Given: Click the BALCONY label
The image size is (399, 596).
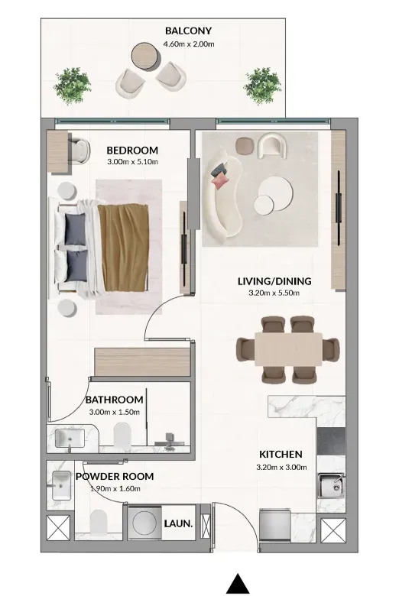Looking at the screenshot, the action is [188, 31].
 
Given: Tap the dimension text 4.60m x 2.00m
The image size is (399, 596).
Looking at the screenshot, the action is [189, 44].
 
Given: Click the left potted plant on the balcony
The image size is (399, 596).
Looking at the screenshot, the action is [73, 86].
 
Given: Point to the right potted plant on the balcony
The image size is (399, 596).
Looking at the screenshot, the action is [263, 86].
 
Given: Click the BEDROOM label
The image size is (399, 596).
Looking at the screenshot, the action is [132, 150].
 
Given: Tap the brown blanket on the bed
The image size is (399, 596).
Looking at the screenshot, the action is [124, 248].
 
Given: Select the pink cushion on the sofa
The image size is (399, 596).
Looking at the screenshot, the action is [222, 181].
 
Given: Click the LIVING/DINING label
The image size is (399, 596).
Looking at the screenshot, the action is [274, 281].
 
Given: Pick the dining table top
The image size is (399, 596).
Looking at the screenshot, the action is [288, 349].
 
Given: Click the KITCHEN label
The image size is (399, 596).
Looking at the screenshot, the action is [281, 454].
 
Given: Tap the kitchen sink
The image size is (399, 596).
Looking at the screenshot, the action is [331, 485].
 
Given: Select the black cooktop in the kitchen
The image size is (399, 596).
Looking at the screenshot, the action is [331, 442].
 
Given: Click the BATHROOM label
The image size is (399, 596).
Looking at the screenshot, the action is [115, 400].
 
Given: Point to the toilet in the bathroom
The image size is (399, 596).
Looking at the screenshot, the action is [122, 435].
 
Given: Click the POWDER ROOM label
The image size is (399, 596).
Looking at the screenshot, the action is [115, 476].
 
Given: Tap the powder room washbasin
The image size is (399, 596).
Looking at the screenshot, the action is [61, 486].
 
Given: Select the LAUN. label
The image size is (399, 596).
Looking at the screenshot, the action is [178, 523].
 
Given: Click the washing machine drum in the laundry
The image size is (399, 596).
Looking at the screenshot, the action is [144, 523].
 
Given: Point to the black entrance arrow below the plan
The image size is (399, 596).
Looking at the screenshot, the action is [238, 584].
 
